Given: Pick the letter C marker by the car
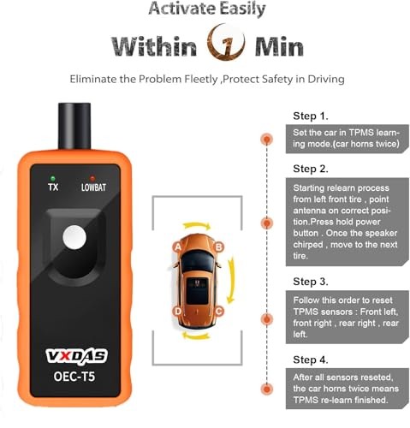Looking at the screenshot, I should pos(220,311).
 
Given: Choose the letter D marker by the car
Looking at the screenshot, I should pos(176,311).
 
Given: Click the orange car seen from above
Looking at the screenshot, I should pos(199,279).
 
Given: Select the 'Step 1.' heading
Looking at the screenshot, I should pos(310,115).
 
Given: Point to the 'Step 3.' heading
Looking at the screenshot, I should pos(310,280).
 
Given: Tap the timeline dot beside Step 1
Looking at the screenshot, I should pos(267,137).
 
